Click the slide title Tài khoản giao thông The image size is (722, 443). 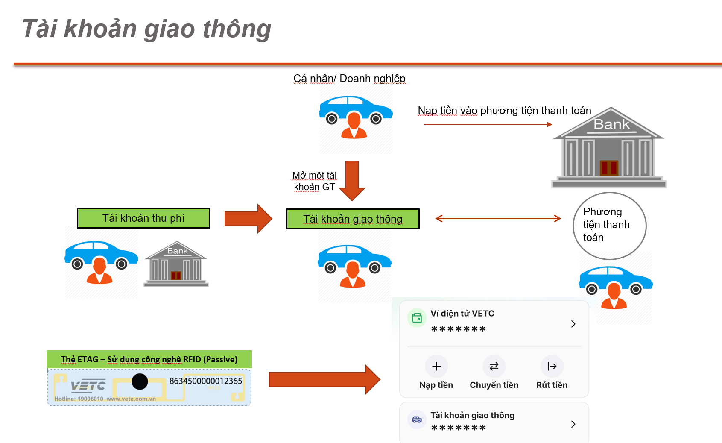(x=146, y=29)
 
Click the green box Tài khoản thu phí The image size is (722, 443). (x=143, y=218)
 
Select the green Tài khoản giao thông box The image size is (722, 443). (x=353, y=219)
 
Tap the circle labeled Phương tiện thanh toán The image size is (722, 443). (x=609, y=226)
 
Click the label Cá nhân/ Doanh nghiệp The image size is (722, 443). (x=349, y=79)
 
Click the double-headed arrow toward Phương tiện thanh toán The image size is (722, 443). (x=498, y=219)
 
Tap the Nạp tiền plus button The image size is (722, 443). (x=436, y=366)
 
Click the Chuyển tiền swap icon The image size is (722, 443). (x=494, y=366)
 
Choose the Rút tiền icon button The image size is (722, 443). (x=552, y=366)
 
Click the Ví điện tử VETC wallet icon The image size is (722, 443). (x=417, y=318)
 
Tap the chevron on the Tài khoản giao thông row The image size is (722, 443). (x=573, y=424)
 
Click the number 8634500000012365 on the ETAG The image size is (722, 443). (x=205, y=381)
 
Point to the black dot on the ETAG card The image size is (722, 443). (x=140, y=381)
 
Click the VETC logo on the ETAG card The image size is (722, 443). (x=88, y=386)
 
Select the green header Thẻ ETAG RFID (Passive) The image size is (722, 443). (x=149, y=359)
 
